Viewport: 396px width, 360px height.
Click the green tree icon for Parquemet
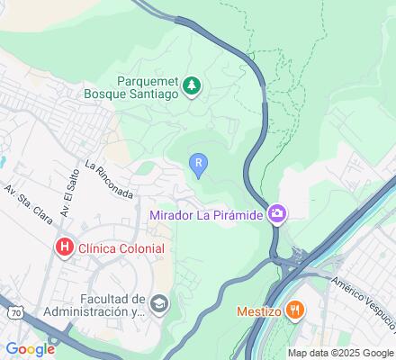tap(192, 86)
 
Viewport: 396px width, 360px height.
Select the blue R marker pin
tap(199, 164)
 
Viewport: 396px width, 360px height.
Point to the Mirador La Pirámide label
tap(206, 214)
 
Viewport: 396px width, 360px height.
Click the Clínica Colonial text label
tap(121, 248)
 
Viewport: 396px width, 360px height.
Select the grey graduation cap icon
tap(159, 303)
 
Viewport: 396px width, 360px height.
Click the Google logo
tap(29, 349)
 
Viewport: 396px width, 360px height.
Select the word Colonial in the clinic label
tap(139, 248)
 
